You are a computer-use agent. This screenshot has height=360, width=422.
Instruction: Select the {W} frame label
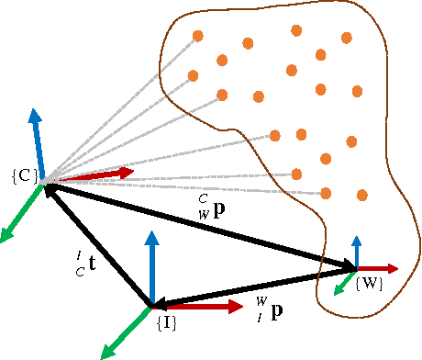(369, 284)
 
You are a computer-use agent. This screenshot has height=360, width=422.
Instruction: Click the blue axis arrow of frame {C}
(36, 138)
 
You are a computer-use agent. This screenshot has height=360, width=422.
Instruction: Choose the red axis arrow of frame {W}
(381, 268)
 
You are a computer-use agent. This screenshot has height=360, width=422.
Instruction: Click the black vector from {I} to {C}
(98, 244)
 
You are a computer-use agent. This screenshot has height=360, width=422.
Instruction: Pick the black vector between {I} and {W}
(253, 287)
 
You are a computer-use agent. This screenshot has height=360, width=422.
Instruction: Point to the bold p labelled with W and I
(276, 309)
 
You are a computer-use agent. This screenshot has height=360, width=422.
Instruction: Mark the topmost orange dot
(296, 30)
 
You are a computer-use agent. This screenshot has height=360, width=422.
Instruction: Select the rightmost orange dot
(362, 195)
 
